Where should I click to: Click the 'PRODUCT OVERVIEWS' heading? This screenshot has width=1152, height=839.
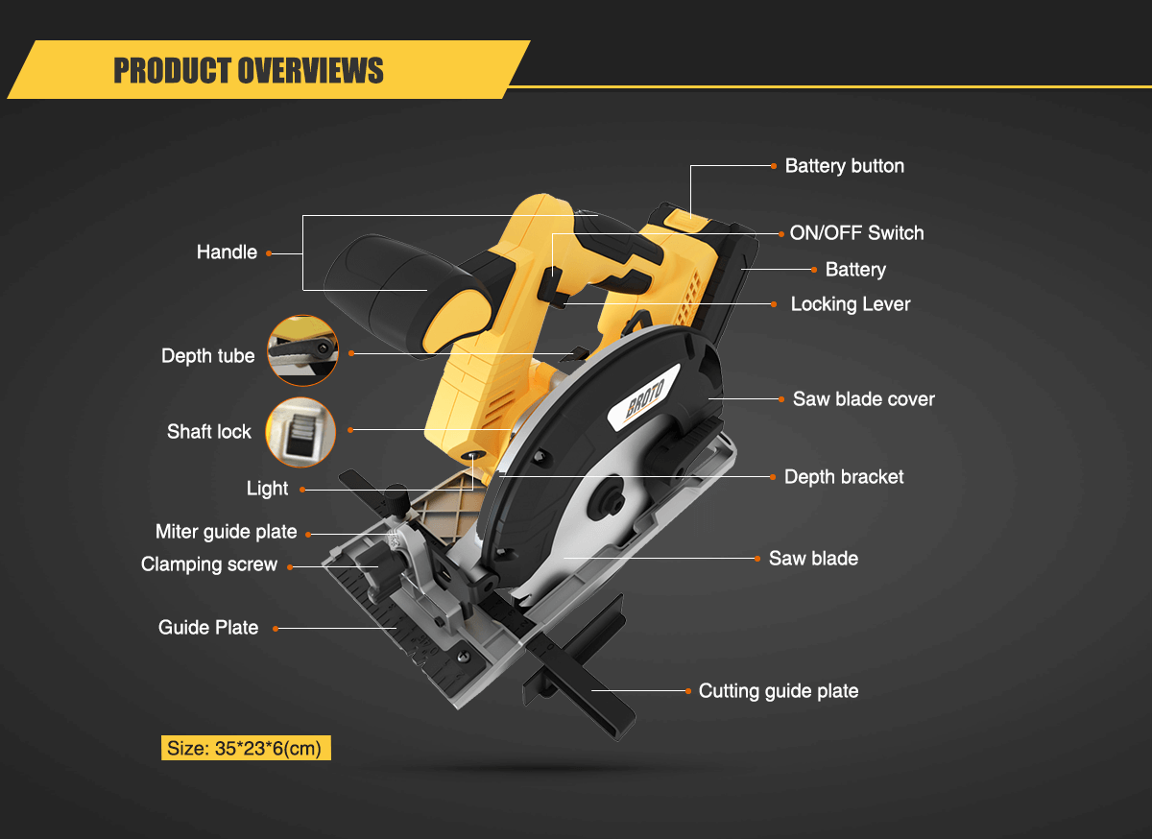(x=249, y=70)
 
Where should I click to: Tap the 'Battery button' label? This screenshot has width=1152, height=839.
(x=844, y=166)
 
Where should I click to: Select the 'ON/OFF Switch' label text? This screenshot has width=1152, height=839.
(x=856, y=232)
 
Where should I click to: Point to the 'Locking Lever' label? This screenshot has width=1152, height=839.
(x=850, y=304)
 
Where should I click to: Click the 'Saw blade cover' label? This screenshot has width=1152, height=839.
(x=863, y=399)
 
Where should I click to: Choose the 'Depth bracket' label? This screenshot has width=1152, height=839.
(x=844, y=477)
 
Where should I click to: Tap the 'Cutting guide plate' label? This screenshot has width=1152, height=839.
(x=778, y=691)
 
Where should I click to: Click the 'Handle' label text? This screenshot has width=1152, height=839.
(x=227, y=252)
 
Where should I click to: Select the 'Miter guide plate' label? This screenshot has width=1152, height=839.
(x=226, y=532)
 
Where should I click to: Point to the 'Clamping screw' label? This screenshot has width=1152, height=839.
(x=208, y=564)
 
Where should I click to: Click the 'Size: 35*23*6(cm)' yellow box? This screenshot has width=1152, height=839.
(x=246, y=749)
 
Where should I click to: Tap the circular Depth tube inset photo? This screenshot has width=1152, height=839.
(x=302, y=351)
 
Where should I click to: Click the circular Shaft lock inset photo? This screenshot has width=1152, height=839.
(x=300, y=432)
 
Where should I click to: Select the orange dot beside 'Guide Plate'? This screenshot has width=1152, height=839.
(x=275, y=629)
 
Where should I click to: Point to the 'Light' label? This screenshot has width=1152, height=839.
(x=267, y=489)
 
